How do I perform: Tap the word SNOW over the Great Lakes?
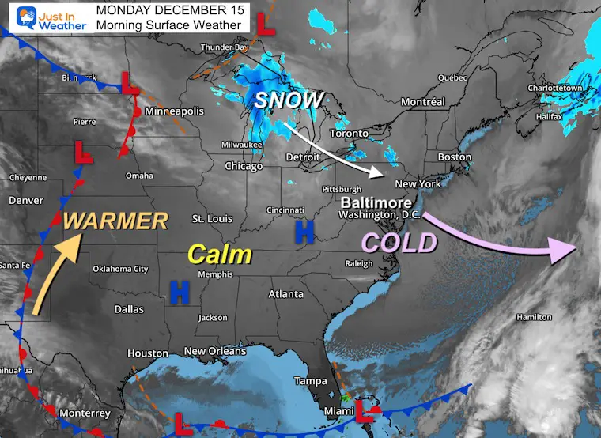click(289, 100)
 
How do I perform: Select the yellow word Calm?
click(219, 254)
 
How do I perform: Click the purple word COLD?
click(399, 242)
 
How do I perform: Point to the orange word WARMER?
click(115, 221)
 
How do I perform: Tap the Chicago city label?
click(244, 167)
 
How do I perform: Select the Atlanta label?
click(285, 294)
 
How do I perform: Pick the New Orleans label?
click(214, 351)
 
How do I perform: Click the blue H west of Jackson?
click(180, 294)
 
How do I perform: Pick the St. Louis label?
click(212, 218)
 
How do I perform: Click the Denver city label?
click(25, 201)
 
